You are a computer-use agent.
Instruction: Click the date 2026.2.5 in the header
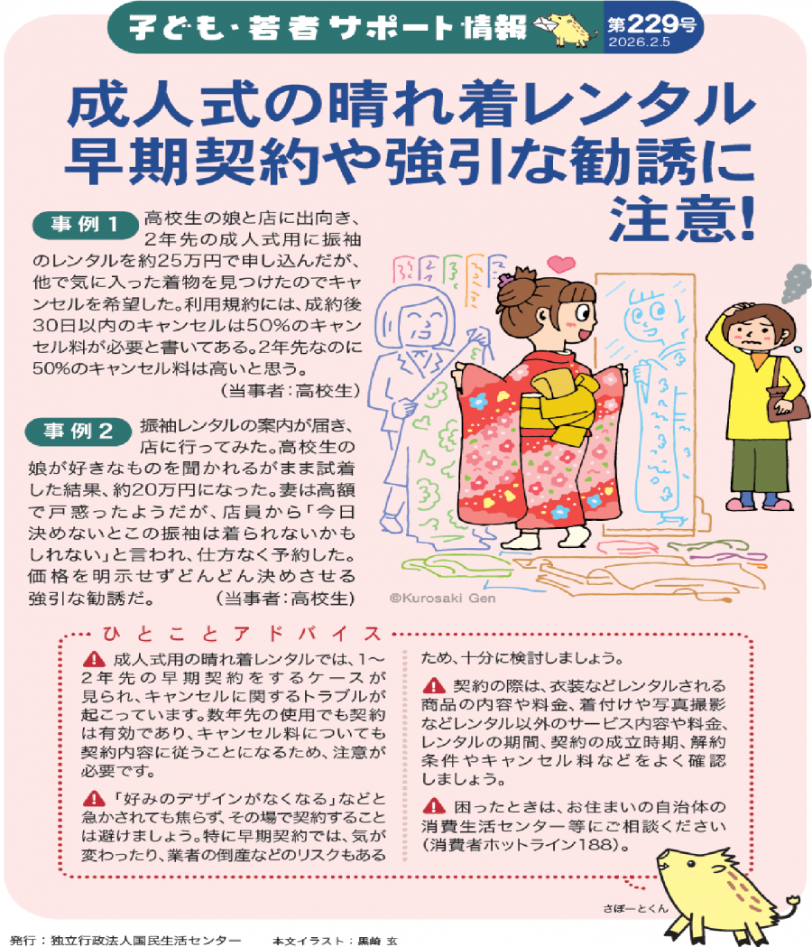640,42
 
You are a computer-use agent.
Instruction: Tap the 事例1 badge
85,225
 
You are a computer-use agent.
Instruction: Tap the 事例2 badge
78,432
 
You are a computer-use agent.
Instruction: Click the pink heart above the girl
561,264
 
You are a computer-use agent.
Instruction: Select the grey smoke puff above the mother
797,283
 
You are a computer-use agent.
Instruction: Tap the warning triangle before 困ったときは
434,805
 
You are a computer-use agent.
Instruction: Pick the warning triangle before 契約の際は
434,685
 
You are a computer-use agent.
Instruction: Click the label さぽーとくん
635,908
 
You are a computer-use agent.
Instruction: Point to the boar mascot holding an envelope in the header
566,28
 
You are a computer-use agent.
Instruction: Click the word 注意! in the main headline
682,218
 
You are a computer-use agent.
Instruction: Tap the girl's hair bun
517,282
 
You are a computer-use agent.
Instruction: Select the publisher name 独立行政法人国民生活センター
145,941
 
